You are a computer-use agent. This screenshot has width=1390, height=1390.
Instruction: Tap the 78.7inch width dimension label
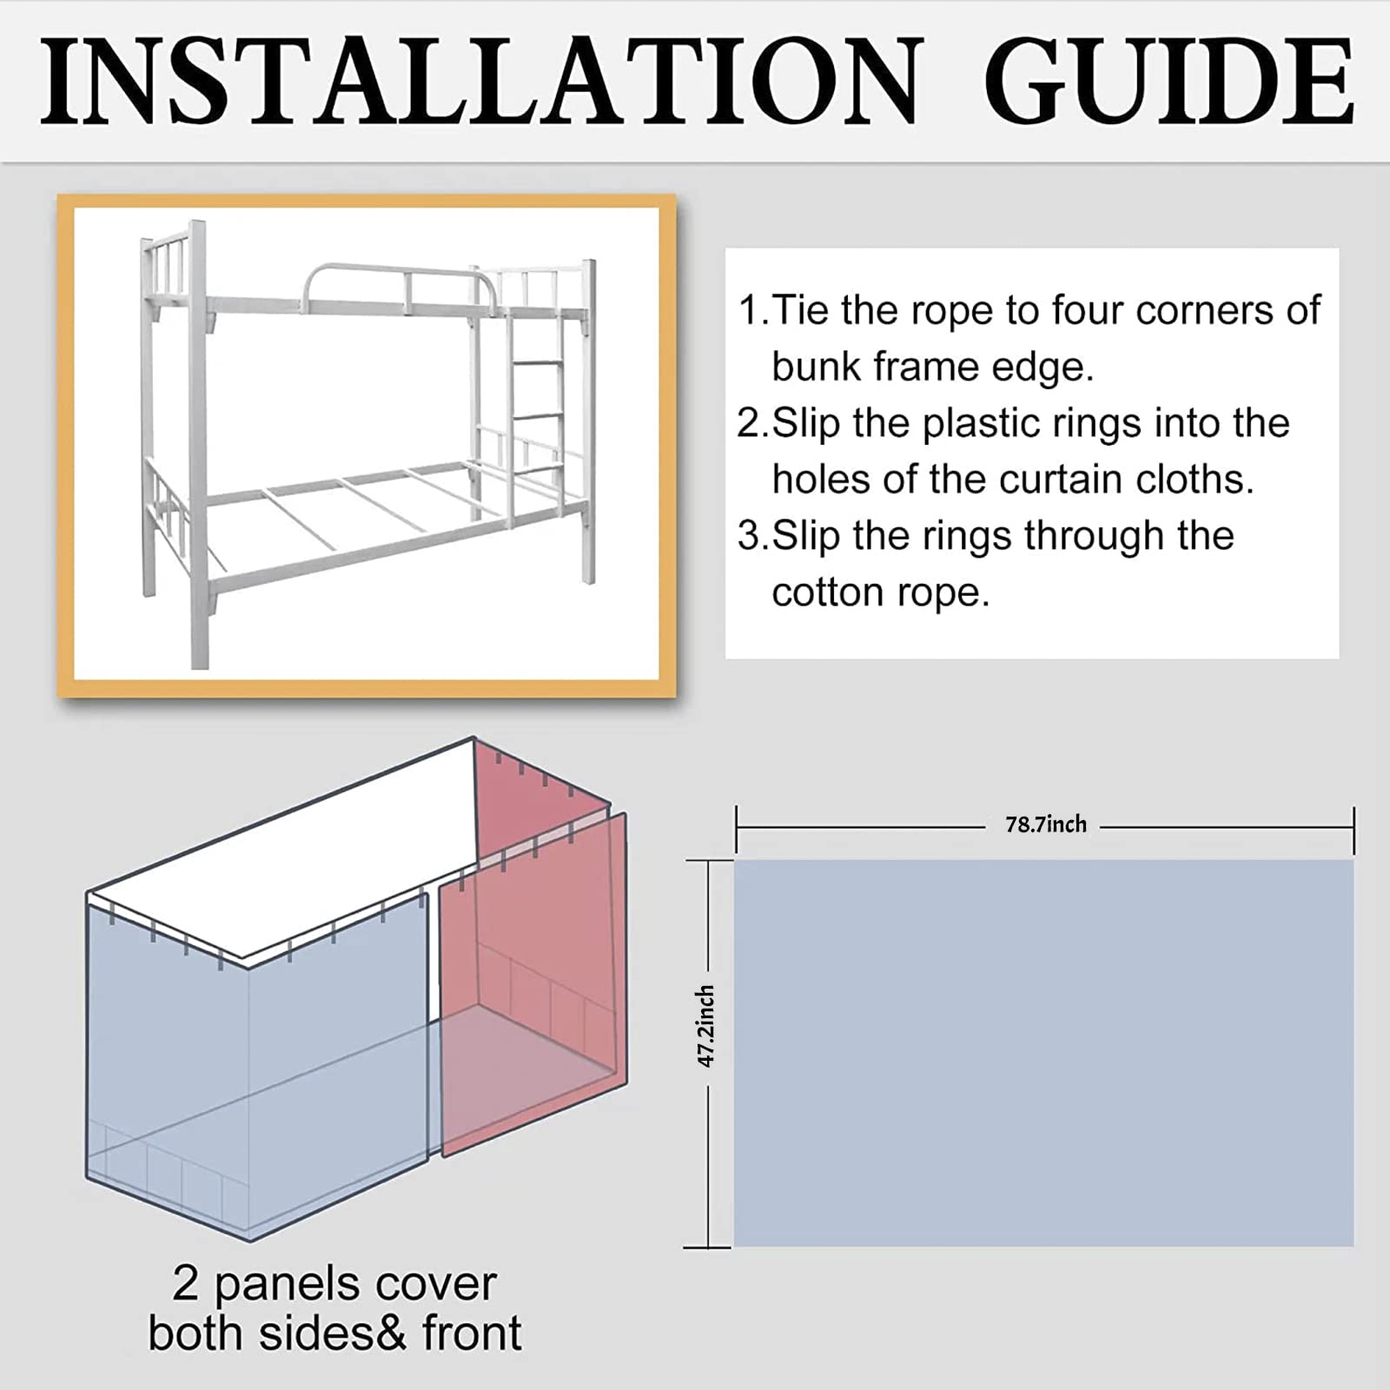pyautogui.click(x=1046, y=824)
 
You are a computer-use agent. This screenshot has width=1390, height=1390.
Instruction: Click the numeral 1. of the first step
pyautogui.click(x=753, y=310)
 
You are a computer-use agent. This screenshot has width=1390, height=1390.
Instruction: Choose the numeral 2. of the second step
pyautogui.click(x=753, y=423)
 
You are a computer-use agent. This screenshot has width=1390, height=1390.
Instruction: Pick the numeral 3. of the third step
pyautogui.click(x=753, y=536)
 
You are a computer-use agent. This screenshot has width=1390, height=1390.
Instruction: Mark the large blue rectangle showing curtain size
pyautogui.click(x=1043, y=1053)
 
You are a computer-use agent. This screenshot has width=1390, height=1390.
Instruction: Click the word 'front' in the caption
pyautogui.click(x=473, y=1334)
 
